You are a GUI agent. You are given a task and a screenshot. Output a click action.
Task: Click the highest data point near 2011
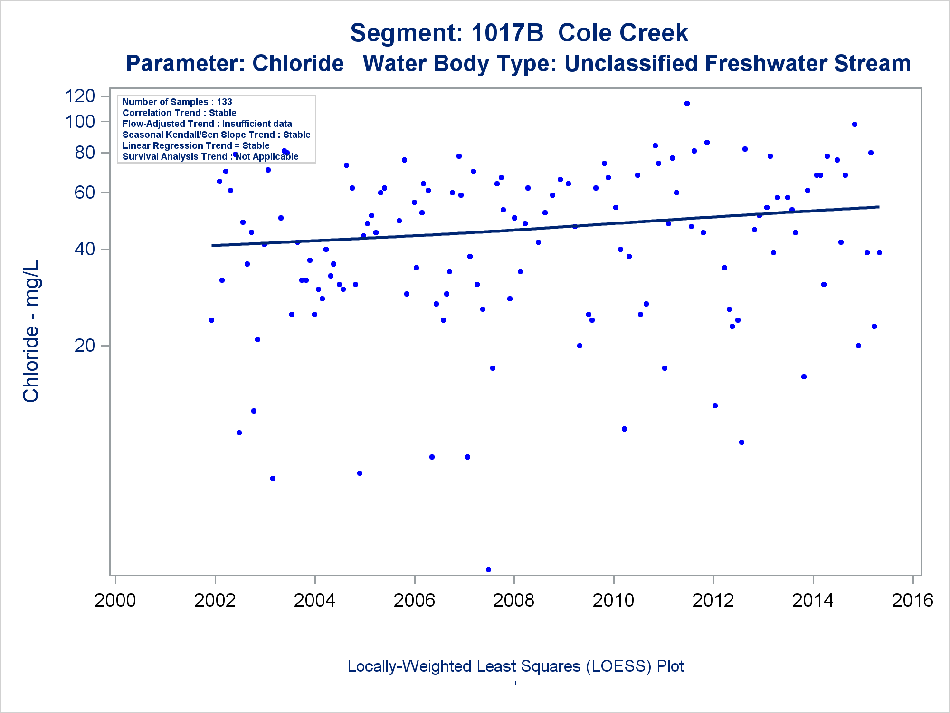[x=687, y=103]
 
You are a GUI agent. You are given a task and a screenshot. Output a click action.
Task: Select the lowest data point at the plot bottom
[x=488, y=569]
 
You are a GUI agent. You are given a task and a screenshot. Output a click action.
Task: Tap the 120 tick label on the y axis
[x=80, y=96]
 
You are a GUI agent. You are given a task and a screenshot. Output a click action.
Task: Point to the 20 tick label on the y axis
[x=85, y=346]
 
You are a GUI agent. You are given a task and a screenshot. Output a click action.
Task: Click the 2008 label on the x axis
[x=513, y=600]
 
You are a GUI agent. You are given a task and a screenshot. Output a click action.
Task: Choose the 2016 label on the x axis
[x=912, y=600]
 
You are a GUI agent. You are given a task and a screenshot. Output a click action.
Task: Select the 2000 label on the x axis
[x=115, y=600]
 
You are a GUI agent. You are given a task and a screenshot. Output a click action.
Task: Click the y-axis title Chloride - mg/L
[x=31, y=331]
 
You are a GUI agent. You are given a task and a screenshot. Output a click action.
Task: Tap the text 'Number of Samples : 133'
[x=177, y=102]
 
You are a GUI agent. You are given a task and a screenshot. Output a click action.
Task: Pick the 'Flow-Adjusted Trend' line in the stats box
[x=207, y=124]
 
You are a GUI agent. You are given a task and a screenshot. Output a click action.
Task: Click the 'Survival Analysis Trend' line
[x=210, y=156]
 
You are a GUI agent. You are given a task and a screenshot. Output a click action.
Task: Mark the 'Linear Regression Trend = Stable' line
[x=196, y=145]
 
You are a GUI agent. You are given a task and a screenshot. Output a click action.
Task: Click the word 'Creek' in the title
[x=623, y=33]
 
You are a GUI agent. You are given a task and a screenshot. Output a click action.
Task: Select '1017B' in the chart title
[x=507, y=33]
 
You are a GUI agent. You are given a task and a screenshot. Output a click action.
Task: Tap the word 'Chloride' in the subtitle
[x=298, y=63]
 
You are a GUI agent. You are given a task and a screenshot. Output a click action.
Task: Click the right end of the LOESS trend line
[x=878, y=207]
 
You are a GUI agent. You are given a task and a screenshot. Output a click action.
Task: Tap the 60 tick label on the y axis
[x=85, y=193]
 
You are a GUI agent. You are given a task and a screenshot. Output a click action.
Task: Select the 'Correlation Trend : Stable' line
[x=179, y=113]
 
